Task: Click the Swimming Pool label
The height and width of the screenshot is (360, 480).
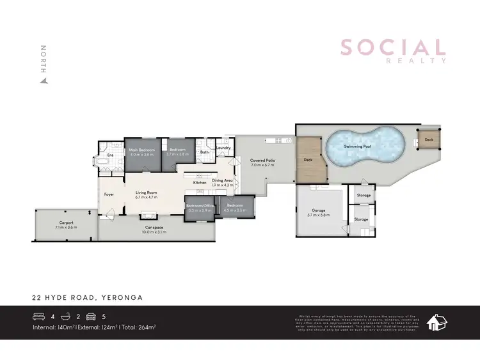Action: (x=357, y=146)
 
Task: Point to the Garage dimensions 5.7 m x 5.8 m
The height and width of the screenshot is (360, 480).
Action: (x=318, y=215)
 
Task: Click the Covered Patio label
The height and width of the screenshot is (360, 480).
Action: (x=262, y=160)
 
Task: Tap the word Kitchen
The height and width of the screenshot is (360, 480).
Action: (x=200, y=183)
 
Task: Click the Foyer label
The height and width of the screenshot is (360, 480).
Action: (x=109, y=194)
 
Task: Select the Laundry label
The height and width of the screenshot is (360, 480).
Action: (x=223, y=148)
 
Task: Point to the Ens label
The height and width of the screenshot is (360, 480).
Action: (x=110, y=155)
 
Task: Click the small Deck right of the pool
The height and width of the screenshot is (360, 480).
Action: (x=429, y=139)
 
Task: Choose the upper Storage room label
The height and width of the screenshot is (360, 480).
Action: (x=364, y=196)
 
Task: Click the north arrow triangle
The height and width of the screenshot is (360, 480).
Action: (x=44, y=81)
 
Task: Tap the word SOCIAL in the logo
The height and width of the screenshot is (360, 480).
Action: (x=392, y=47)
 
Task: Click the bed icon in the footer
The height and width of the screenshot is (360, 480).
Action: (x=39, y=315)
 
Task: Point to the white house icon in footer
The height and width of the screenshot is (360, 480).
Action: (x=438, y=322)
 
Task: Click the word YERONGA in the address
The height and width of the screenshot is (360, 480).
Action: (x=122, y=297)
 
